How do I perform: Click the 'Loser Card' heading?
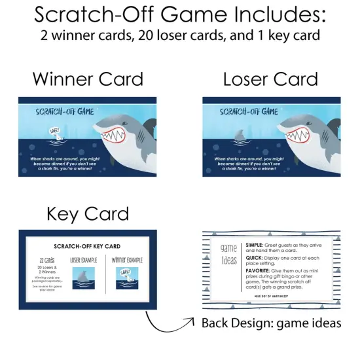270,80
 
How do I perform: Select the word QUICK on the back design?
254,259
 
